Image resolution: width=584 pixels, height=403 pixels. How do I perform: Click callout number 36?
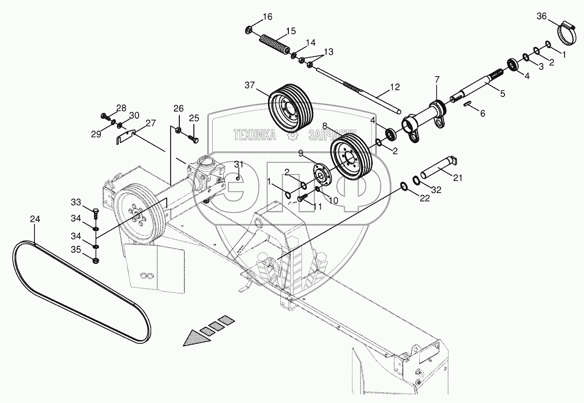(x=542, y=17)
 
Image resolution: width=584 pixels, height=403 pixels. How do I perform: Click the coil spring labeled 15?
(x=274, y=43)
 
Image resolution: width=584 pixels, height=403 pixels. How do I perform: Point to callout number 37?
(x=249, y=86)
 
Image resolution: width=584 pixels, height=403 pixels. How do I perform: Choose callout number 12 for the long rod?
(x=395, y=87)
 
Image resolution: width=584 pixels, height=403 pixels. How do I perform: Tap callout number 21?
(x=457, y=178)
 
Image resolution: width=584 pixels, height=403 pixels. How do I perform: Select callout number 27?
(x=151, y=123)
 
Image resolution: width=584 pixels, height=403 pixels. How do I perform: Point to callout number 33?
(x=76, y=202)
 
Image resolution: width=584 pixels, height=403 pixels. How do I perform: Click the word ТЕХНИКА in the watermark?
(x=254, y=135)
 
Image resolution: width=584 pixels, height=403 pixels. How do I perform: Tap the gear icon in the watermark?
(x=292, y=136)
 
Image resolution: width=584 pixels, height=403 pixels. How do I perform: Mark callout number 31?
(x=238, y=165)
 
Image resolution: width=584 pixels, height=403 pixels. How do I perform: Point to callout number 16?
(x=268, y=17)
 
